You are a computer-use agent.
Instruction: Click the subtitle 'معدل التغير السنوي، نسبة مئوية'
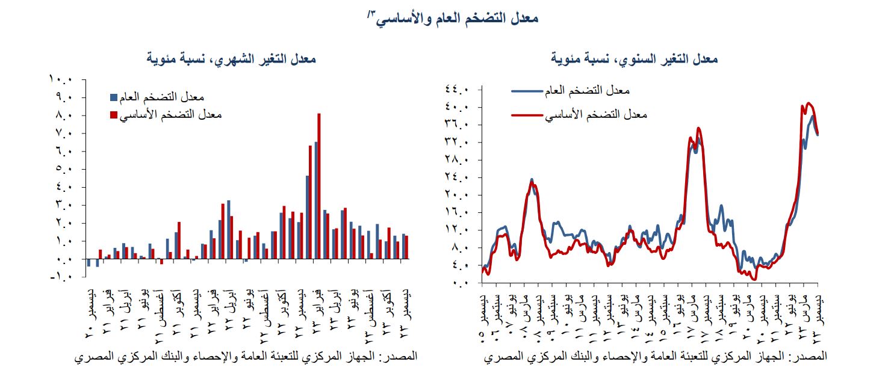(x=635, y=59)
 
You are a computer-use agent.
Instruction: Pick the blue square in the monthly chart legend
(x=113, y=97)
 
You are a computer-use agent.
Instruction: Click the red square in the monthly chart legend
(x=113, y=114)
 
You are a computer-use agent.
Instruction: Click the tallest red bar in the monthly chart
(x=319, y=186)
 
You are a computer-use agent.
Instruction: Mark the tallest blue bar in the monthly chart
(x=315, y=200)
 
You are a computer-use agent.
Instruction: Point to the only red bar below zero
(x=161, y=262)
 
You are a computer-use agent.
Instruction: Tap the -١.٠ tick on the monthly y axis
(x=61, y=277)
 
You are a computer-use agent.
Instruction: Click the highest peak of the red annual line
(x=809, y=103)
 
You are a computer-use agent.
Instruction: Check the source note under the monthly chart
(x=246, y=357)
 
